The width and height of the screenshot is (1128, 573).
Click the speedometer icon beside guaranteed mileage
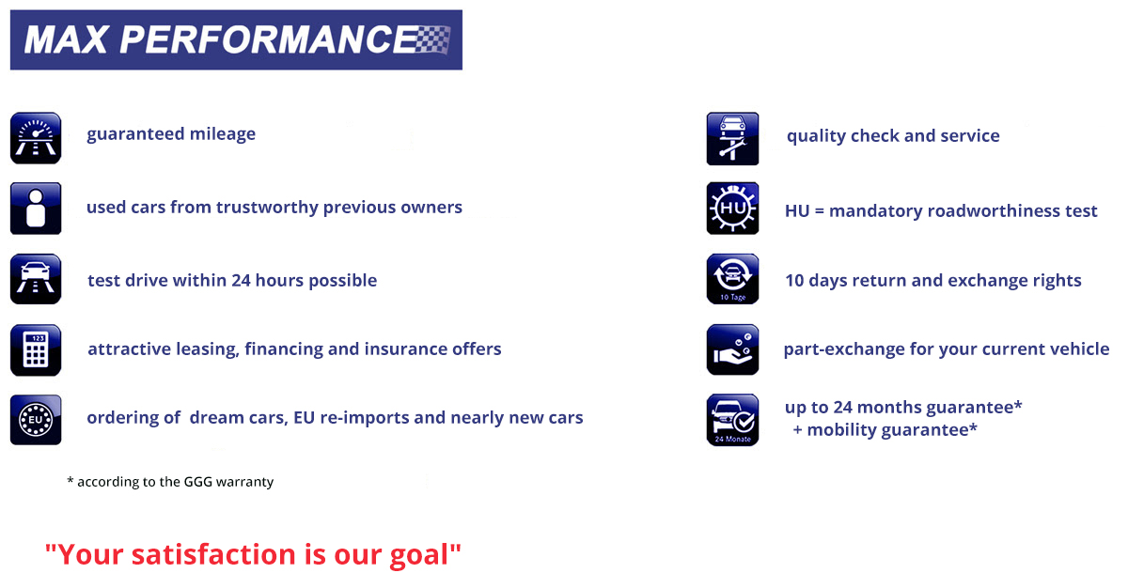tap(36, 138)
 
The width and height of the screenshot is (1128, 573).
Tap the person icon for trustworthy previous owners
tap(36, 209)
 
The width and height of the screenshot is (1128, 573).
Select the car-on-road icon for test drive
tap(36, 279)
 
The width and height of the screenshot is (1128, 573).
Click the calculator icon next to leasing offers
tap(36, 350)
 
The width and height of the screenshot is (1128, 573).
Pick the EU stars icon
tap(36, 420)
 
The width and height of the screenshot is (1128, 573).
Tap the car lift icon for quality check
tap(732, 139)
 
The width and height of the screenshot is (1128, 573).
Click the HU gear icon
tap(732, 209)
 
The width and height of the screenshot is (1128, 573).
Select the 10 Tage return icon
tap(732, 279)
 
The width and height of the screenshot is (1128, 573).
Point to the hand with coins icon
tap(732, 349)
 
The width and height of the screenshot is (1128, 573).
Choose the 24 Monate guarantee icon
tap(732, 420)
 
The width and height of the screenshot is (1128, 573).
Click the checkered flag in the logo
tap(432, 39)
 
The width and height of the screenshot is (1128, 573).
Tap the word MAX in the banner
tap(66, 39)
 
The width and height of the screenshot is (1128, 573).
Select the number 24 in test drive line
tap(241, 280)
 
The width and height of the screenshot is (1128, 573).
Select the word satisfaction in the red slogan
tap(213, 554)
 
